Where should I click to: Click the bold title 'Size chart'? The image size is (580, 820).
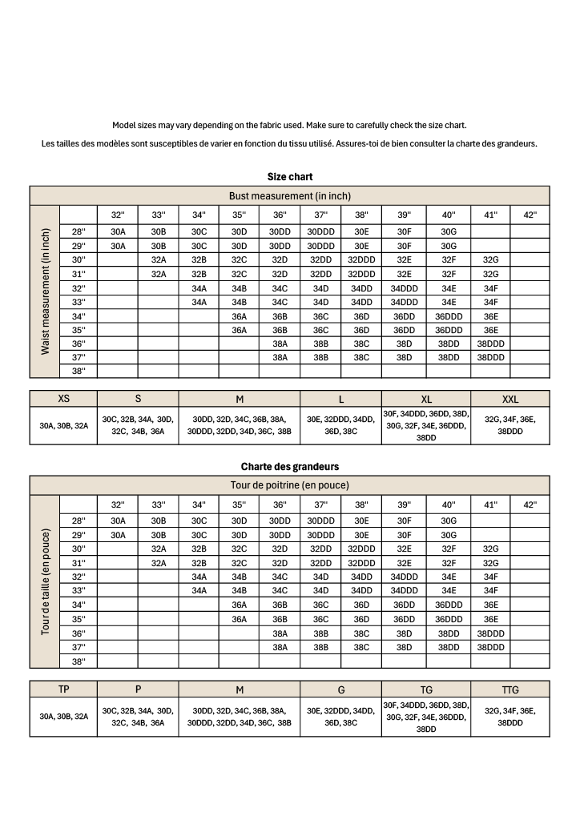(290, 176)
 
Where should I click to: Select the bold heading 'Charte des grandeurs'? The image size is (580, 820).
(290, 466)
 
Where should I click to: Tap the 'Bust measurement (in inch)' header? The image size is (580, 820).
(290, 195)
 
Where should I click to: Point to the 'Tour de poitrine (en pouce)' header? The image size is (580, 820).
(290, 485)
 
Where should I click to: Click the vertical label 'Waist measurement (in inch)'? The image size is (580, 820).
(45, 292)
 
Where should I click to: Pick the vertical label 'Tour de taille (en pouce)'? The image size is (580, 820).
(45, 582)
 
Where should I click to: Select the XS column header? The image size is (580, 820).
(63, 399)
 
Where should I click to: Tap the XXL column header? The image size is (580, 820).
(510, 399)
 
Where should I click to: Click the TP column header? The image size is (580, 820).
(63, 689)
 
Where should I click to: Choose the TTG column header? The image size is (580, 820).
(510, 689)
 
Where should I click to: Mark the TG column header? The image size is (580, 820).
(426, 689)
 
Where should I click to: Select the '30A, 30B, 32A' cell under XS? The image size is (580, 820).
(63, 425)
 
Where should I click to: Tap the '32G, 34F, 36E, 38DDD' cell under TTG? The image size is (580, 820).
(510, 716)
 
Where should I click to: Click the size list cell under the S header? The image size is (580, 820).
(138, 425)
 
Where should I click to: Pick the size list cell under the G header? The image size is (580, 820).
(340, 716)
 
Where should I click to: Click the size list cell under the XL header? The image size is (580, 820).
(426, 425)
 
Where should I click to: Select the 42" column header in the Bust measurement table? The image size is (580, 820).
(530, 215)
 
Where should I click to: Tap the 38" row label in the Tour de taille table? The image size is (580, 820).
(79, 661)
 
